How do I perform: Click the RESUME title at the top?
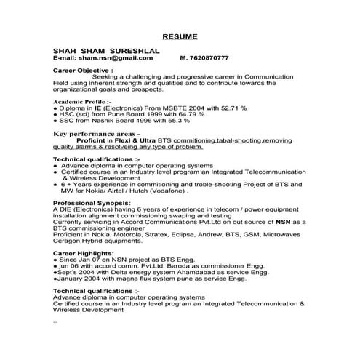(180, 36)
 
